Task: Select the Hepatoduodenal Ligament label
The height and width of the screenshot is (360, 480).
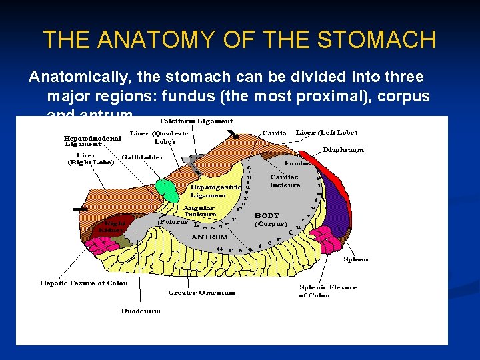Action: tap(93, 141)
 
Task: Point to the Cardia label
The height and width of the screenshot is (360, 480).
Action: tap(274, 133)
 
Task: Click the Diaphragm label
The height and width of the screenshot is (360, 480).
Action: tap(343, 150)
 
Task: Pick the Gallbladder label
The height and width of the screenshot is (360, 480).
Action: tap(143, 157)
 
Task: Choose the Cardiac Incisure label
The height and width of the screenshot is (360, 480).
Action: tap(285, 181)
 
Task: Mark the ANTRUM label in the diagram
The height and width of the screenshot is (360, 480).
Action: tap(209, 237)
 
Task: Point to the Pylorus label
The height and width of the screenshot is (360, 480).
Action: tap(174, 222)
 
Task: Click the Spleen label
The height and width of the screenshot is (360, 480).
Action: tap(355, 259)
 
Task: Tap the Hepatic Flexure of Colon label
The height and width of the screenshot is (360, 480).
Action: tap(83, 283)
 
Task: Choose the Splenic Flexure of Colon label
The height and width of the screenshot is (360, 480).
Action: tap(327, 291)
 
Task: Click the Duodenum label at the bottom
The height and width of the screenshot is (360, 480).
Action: tap(141, 310)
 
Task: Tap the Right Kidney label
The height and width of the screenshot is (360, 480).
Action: tap(113, 227)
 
